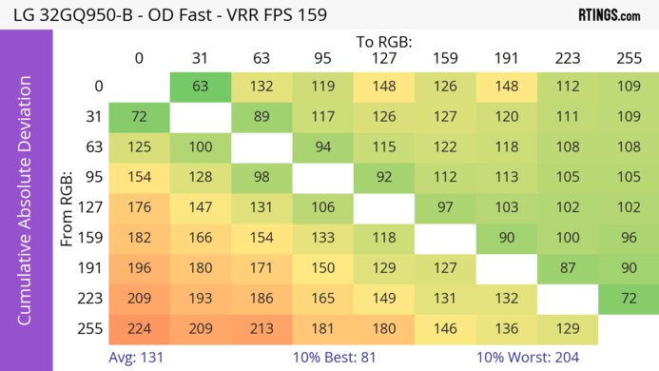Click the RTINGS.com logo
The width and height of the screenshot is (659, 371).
(609, 15)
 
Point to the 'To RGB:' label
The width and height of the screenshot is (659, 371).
(384, 42)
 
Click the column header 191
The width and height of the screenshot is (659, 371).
(506, 59)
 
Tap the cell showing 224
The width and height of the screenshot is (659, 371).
(139, 329)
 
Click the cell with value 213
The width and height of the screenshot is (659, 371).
(261, 329)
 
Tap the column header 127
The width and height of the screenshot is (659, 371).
(384, 59)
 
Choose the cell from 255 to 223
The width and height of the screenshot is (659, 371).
(567, 329)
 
